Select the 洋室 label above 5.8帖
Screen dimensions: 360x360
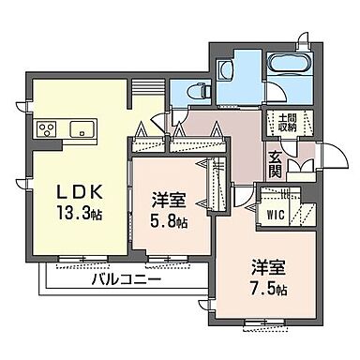pos(170,200)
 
